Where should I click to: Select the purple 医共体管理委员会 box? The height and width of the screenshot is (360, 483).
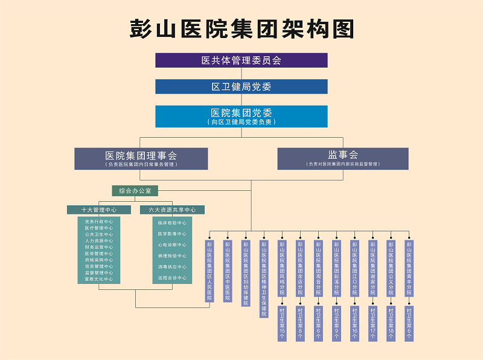point(241,60)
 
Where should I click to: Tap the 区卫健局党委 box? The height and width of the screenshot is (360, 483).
point(241,86)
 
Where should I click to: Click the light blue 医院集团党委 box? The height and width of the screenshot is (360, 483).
point(241,116)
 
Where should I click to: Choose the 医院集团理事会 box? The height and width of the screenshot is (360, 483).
point(141,158)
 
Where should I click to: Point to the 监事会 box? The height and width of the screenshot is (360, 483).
point(343,158)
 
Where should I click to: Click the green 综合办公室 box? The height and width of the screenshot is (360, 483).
point(135,191)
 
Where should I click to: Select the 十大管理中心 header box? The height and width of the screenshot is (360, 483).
point(100,210)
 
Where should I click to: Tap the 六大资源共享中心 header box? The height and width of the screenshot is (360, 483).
point(172,210)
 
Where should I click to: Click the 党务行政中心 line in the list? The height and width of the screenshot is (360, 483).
point(99,222)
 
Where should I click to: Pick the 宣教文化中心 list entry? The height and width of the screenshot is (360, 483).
point(99,279)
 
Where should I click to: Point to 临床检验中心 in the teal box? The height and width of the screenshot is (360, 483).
point(172,223)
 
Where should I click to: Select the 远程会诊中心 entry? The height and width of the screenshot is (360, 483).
point(172,277)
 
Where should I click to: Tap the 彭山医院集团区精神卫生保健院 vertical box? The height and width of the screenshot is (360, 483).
point(264,278)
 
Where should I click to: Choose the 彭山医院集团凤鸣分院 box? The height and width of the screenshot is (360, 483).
point(282,268)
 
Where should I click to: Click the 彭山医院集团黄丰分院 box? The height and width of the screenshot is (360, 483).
point(409,268)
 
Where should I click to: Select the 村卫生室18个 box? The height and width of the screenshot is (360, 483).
point(391,324)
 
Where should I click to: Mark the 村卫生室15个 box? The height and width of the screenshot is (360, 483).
point(282,324)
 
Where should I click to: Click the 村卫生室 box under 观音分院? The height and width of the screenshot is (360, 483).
point(318,324)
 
